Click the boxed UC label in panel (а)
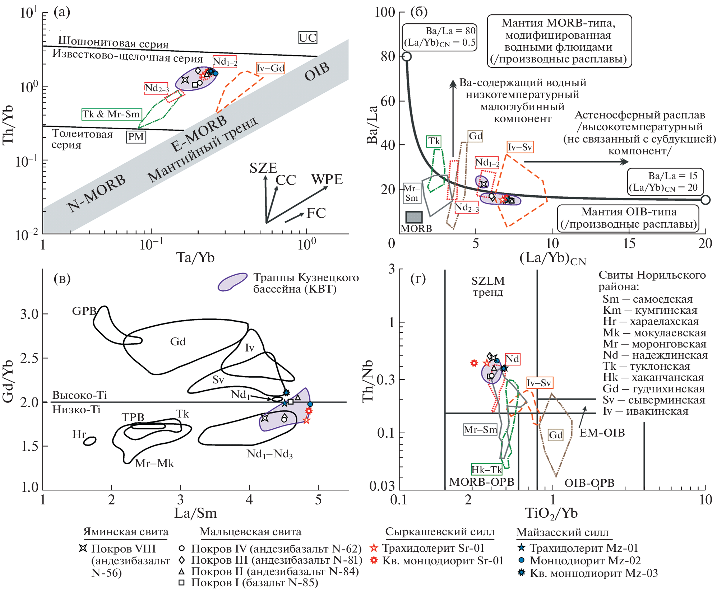coord(307,38)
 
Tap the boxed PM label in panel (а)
coord(136,137)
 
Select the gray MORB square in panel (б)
coord(414,217)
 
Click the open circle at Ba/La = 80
coord(407,56)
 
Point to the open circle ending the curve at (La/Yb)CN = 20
coord(706,200)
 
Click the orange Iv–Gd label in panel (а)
coord(270,68)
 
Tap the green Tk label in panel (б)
coord(434,141)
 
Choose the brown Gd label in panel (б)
coord(476,136)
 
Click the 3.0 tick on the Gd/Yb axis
coord(29,314)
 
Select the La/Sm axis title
coord(195,513)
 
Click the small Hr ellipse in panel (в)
coord(90,441)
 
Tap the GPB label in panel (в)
coord(84,311)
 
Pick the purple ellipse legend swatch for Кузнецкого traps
coord(232,282)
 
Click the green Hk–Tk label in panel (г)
coord(486,470)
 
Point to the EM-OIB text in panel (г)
coord(602,433)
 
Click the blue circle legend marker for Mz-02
coord(522,560)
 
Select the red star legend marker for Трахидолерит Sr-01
coord(374,548)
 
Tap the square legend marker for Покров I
coord(182,582)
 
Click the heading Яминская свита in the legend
coord(126,532)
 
